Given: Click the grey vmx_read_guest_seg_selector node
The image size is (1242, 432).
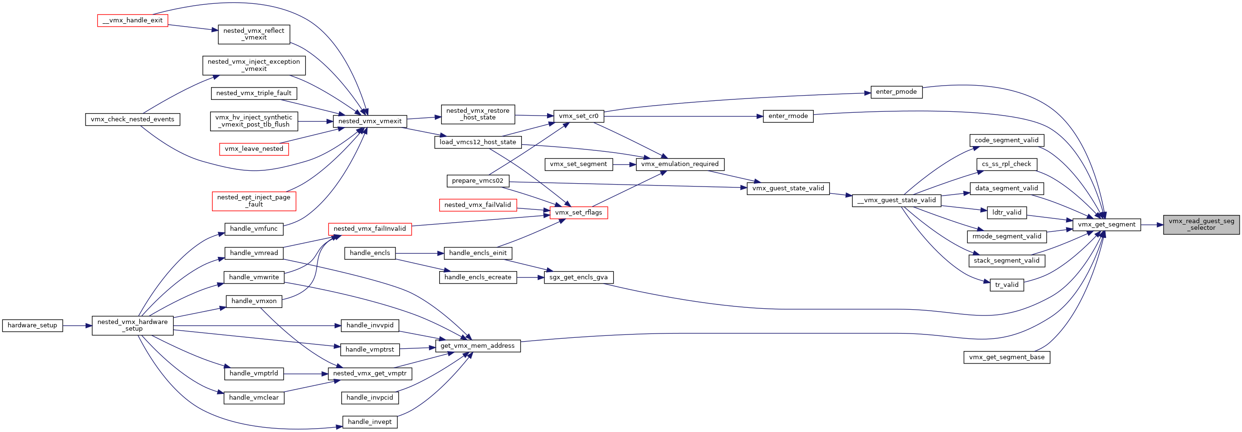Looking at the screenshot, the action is (x=1201, y=225).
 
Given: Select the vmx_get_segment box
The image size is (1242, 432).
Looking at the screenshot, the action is (x=1107, y=225).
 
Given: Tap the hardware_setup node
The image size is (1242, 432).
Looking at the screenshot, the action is (x=32, y=325).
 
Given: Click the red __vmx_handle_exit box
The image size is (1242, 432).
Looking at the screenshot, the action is (x=133, y=20).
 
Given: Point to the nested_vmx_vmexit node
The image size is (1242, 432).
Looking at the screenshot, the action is (x=370, y=121).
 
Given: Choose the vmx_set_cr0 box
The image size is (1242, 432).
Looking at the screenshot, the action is (x=578, y=116).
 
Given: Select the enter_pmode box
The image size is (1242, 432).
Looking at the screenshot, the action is (x=896, y=92).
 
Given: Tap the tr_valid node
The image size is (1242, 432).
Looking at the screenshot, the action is (x=1007, y=285).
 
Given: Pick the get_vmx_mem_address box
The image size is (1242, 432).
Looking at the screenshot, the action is (x=478, y=345).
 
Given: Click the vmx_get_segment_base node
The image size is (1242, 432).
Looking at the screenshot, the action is (x=1007, y=357).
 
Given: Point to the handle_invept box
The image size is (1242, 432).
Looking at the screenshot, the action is (x=370, y=422).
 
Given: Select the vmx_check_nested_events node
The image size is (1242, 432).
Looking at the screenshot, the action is (x=133, y=119).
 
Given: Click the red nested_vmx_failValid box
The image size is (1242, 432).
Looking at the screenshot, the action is (x=478, y=205).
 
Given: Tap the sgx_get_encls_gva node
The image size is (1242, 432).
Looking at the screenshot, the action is (x=578, y=277).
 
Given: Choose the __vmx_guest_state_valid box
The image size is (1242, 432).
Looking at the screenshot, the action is (x=896, y=200).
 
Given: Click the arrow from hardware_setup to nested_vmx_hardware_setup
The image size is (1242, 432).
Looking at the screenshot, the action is (x=77, y=326).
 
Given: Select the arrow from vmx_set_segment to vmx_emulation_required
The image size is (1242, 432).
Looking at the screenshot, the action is (x=625, y=165).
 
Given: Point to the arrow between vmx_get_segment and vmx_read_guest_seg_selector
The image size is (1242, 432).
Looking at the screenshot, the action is (x=1152, y=225).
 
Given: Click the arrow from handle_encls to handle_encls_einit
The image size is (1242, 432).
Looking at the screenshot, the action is (x=419, y=254).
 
